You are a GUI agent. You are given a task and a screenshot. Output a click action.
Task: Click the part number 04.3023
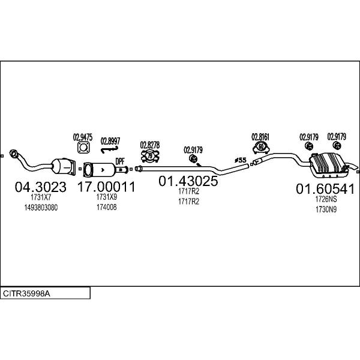[x=41, y=187]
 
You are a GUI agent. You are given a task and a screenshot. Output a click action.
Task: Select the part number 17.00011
[x=107, y=187]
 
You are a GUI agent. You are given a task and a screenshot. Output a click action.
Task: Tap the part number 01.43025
[x=188, y=181]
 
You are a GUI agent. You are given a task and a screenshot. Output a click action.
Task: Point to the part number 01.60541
[x=325, y=189]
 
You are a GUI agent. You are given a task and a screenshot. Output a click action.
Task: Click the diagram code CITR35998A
[x=26, y=293]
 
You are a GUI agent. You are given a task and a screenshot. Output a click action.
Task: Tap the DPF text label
[x=120, y=161]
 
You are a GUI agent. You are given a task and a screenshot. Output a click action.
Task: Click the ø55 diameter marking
[x=241, y=160]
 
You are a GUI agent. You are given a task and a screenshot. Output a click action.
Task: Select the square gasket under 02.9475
[x=83, y=148]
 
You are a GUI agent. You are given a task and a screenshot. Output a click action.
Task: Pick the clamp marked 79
[x=150, y=156]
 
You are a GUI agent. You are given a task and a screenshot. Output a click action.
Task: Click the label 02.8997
[x=110, y=141]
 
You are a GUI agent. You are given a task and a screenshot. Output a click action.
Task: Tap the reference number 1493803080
[x=41, y=208]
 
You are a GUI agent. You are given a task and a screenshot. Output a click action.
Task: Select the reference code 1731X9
[x=107, y=197]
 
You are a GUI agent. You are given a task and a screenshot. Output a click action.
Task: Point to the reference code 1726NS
[x=326, y=199]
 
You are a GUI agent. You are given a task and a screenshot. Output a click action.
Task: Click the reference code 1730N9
[x=326, y=209]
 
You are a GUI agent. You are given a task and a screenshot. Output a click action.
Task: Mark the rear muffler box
[x=329, y=165]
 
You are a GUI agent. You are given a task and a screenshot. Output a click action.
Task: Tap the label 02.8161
[x=260, y=137]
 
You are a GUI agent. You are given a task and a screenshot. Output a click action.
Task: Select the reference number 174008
[x=107, y=207]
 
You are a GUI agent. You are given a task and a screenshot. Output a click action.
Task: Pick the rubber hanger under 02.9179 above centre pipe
[x=193, y=158]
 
